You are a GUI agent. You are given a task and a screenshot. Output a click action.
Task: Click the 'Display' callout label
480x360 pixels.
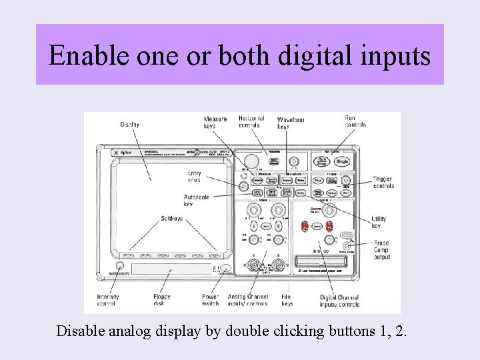point(129,125)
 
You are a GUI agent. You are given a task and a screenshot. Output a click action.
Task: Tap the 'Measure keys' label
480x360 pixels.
point(215,123)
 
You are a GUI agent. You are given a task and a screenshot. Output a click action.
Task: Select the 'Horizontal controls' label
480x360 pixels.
point(251,121)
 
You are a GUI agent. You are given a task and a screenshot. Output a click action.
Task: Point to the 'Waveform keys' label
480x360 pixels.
point(291,123)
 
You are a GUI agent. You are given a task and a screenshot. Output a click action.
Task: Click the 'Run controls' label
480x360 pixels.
point(355,121)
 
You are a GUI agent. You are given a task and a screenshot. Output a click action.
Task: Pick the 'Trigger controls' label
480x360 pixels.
point(383,183)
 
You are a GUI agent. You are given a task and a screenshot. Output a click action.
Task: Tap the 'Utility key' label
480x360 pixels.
point(379,222)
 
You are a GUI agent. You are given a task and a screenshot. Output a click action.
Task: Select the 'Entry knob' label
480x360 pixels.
point(195,177)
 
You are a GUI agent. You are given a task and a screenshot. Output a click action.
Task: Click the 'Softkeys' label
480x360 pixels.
point(172,219)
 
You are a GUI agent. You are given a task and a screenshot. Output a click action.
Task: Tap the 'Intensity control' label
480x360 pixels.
point(108,300)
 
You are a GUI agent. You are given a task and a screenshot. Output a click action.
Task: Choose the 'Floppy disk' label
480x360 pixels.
point(162,300)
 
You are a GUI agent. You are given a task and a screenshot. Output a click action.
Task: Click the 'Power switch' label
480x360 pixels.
point(211,300)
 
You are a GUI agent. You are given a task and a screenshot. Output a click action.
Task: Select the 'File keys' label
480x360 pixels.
point(287,300)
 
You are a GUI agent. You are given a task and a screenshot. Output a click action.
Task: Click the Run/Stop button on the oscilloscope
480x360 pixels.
point(321,161)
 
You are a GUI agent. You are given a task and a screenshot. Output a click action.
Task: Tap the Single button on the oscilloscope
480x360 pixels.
point(343,161)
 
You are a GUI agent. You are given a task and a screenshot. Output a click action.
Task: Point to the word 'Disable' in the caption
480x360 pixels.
point(79,331)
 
